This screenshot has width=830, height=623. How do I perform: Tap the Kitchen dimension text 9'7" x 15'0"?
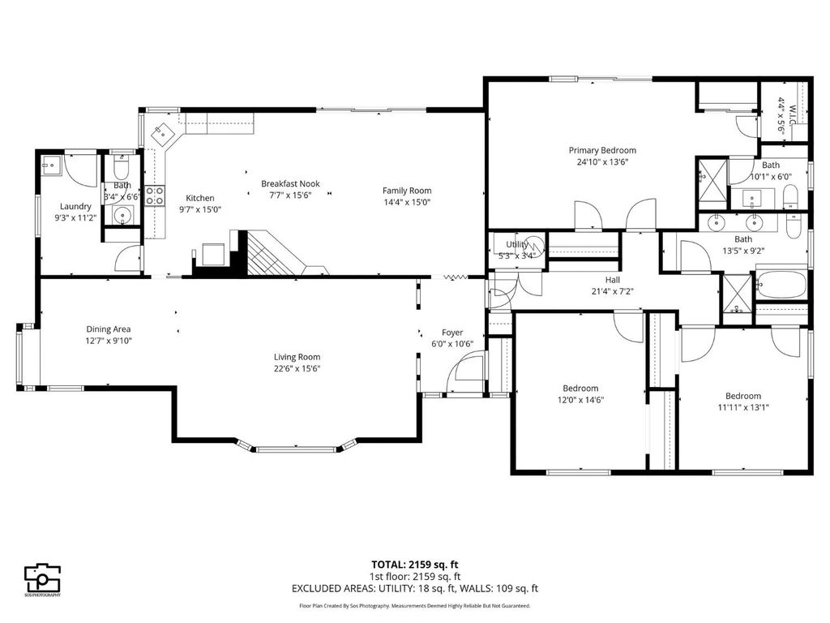(200, 209)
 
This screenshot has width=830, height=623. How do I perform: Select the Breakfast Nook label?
(290, 184)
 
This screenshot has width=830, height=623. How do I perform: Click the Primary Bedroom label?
(601, 150)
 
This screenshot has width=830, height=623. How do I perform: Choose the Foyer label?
(451, 333)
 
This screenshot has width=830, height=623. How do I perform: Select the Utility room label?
(517, 244)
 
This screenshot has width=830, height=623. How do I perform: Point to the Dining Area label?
(109, 329)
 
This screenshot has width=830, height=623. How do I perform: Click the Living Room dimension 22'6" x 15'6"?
(297, 368)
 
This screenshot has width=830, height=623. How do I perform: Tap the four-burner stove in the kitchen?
(154, 195)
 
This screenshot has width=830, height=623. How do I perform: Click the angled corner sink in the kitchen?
(165, 131)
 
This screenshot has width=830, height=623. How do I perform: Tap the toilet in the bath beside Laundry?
(120, 170)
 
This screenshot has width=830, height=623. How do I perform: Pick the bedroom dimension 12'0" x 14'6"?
(580, 399)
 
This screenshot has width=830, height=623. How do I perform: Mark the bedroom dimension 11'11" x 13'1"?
(742, 407)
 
